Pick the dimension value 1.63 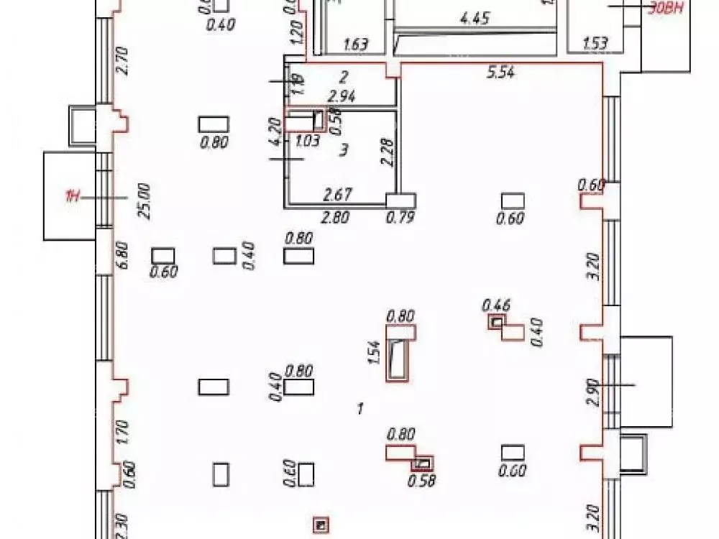tap(356, 45)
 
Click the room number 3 tap(344, 149)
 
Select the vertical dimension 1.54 tap(374, 353)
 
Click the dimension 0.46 tap(496, 305)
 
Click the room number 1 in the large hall tap(359, 409)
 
